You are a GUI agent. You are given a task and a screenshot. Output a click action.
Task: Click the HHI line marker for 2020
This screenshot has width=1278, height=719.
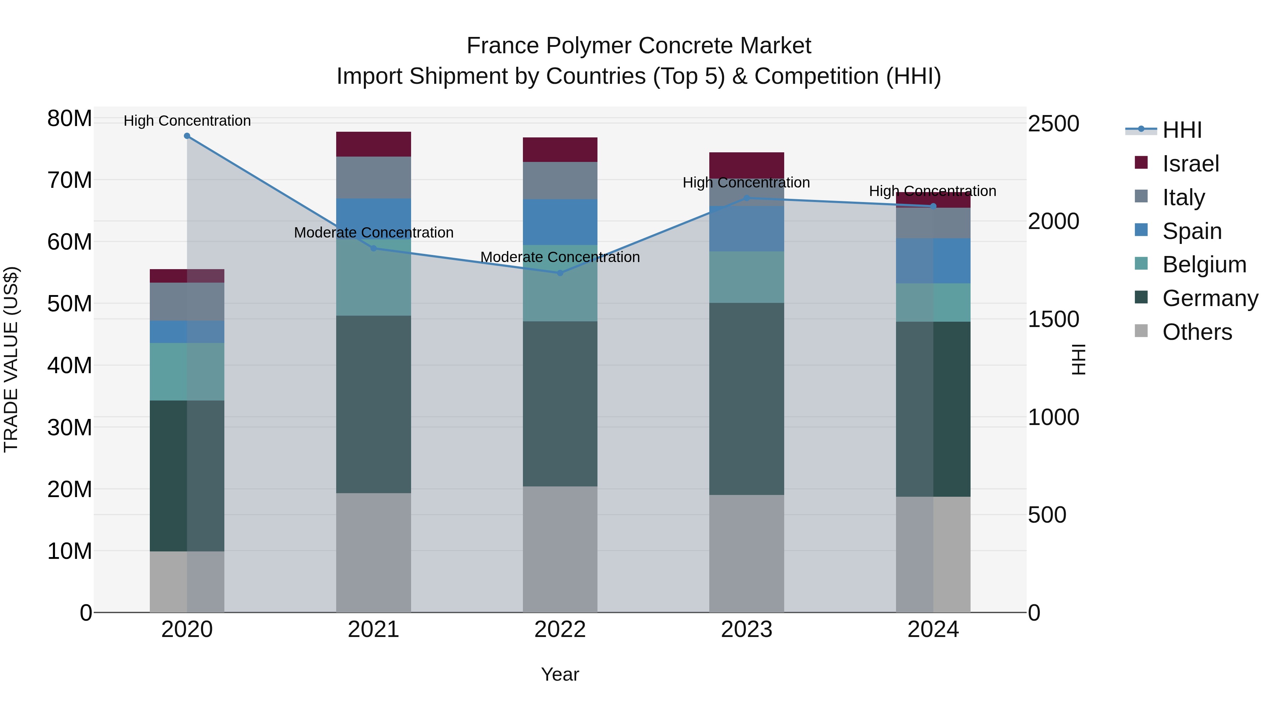tap(187, 136)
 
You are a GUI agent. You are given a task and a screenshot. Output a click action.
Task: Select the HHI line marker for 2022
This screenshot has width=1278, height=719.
tap(560, 273)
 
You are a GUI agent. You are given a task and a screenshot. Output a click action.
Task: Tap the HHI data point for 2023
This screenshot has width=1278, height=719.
tap(747, 198)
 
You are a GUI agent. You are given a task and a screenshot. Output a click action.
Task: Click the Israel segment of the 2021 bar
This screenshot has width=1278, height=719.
tap(373, 145)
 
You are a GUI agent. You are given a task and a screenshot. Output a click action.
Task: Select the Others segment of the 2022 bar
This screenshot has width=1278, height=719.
tap(560, 549)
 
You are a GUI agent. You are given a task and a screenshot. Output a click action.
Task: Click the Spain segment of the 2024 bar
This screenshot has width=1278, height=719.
tap(933, 261)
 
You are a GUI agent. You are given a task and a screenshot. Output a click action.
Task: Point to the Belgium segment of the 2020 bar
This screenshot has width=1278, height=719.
tap(187, 372)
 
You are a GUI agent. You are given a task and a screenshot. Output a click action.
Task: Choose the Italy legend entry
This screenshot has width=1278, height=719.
tap(1183, 197)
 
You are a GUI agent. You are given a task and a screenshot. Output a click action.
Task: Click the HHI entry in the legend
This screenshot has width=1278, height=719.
tap(1182, 130)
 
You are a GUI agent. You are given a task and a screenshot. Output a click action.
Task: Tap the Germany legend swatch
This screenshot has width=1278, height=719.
tap(1141, 298)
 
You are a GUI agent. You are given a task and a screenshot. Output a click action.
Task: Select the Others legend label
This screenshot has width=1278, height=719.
tap(1197, 332)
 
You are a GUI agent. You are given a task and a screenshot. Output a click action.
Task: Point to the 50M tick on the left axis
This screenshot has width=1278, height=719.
tap(70, 304)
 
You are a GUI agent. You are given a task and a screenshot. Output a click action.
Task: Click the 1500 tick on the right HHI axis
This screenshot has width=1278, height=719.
tap(1053, 319)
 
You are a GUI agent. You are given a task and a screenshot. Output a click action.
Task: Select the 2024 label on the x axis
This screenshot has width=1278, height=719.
tap(933, 630)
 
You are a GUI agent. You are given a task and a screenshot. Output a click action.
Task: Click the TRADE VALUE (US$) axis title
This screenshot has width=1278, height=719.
tap(11, 359)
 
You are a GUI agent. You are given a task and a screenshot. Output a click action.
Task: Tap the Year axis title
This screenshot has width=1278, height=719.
tap(560, 674)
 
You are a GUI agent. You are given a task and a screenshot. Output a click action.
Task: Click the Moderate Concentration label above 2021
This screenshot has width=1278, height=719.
tap(373, 233)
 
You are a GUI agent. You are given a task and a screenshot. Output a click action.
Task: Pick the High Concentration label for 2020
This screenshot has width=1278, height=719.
tap(187, 121)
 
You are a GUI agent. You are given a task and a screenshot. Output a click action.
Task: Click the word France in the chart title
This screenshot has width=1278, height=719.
tap(502, 46)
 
